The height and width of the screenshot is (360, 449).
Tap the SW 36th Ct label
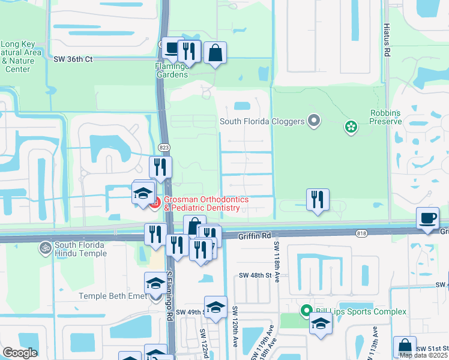[73, 59]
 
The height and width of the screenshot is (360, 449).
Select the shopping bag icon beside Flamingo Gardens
[215, 53]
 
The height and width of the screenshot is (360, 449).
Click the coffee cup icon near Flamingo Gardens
[172, 48]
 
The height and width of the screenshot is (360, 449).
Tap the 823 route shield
[163, 147]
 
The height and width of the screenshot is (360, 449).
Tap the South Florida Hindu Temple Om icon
[44, 245]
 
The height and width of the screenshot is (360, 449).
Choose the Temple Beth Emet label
[112, 296]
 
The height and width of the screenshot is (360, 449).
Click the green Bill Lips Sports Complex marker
[306, 311]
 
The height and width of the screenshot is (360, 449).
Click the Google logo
[19, 353]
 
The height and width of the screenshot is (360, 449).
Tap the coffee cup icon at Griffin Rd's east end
[427, 218]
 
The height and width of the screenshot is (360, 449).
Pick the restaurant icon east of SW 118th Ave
[318, 199]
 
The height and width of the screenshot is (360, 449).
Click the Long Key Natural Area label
[21, 56]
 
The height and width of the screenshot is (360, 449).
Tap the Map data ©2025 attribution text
[423, 355]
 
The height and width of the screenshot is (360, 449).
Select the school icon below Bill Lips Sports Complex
[321, 324]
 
